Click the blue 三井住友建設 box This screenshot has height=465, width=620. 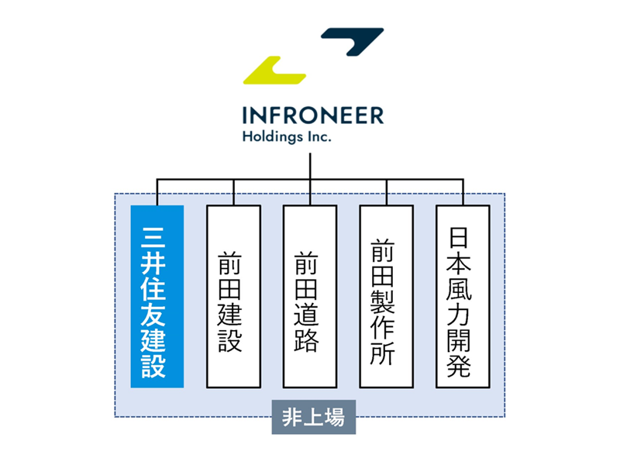pyautogui.click(x=157, y=296)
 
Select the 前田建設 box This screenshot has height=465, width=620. pyautogui.click(x=233, y=296)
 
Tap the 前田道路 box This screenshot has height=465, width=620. pyautogui.click(x=309, y=296)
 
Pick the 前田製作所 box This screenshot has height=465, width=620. pyautogui.click(x=386, y=296)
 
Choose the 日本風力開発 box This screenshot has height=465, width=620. pyautogui.click(x=463, y=296)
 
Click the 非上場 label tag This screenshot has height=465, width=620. pyautogui.click(x=314, y=419)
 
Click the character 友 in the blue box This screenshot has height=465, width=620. pyautogui.click(x=157, y=311)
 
